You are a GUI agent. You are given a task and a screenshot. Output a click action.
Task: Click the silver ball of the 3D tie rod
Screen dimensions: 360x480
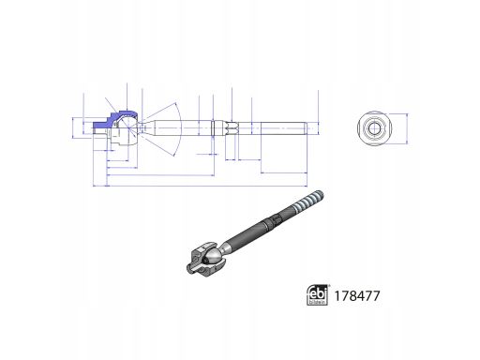point(216,255)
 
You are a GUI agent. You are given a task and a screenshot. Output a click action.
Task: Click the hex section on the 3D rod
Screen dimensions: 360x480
point(274,220)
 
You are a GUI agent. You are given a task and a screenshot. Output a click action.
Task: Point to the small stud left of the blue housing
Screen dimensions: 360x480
point(98,128)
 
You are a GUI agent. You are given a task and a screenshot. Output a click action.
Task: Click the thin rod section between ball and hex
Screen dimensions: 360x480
point(178,127)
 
